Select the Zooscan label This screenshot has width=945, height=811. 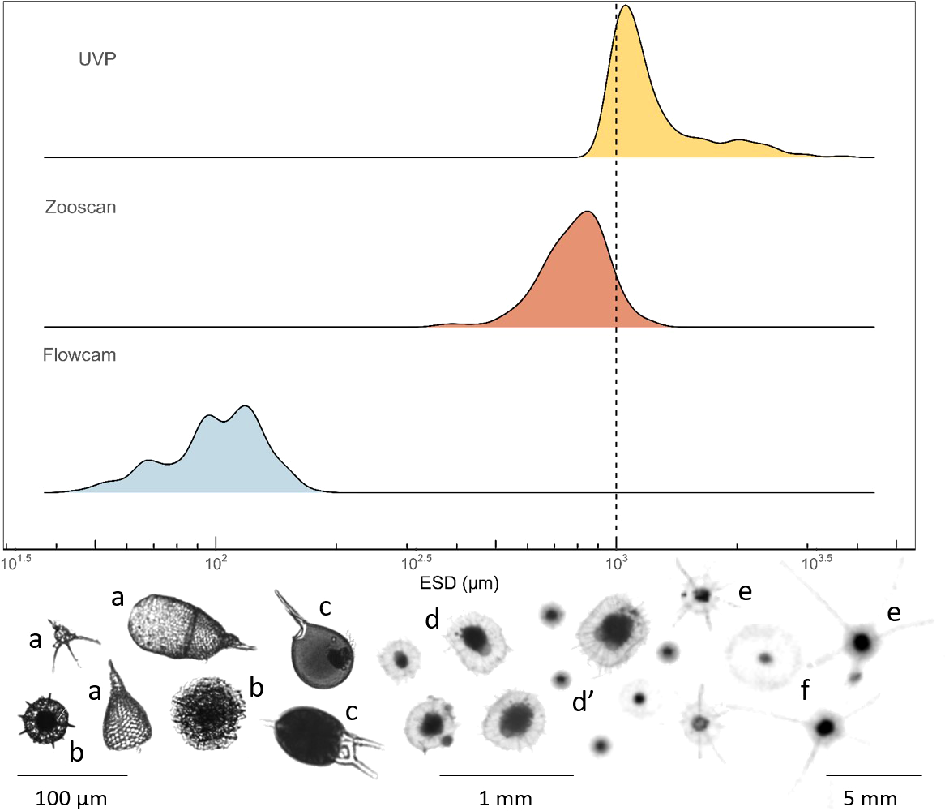coord(80,208)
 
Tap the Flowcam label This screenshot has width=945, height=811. coord(79,355)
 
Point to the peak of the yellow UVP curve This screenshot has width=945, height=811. coord(626,6)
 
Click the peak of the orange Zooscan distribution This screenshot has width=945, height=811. coord(588,212)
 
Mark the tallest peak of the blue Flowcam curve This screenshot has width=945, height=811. coord(244,406)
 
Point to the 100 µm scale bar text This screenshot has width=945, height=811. coord(71,798)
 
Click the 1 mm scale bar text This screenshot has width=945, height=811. coord(506,798)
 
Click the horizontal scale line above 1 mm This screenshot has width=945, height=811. coord(506,775)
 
